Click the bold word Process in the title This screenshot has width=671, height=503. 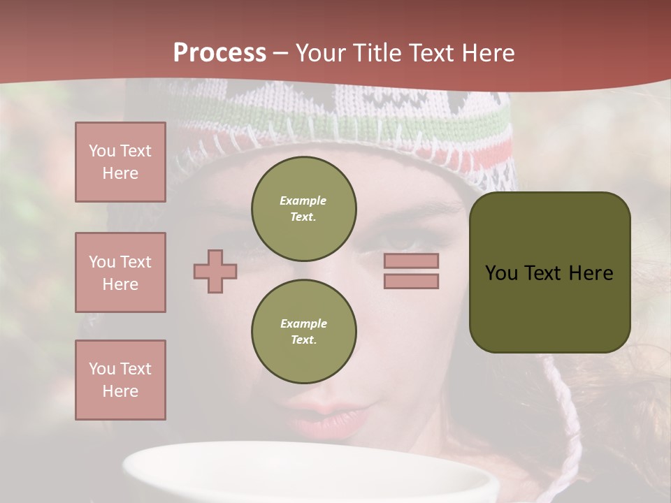[x=219, y=53]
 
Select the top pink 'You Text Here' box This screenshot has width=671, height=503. [x=120, y=162]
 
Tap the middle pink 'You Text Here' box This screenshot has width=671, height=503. [x=120, y=272]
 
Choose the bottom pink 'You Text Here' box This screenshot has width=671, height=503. [x=120, y=380]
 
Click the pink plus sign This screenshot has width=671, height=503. [x=215, y=271]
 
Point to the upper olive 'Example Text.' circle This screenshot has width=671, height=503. [x=304, y=209]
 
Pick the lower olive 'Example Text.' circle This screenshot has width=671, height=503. [x=304, y=332]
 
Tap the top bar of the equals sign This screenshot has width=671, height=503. [x=411, y=261]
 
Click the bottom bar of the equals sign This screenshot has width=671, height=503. [x=411, y=281]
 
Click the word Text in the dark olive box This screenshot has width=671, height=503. [x=547, y=273]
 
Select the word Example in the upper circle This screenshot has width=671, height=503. [x=303, y=201]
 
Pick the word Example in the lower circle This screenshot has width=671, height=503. [x=303, y=324]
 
